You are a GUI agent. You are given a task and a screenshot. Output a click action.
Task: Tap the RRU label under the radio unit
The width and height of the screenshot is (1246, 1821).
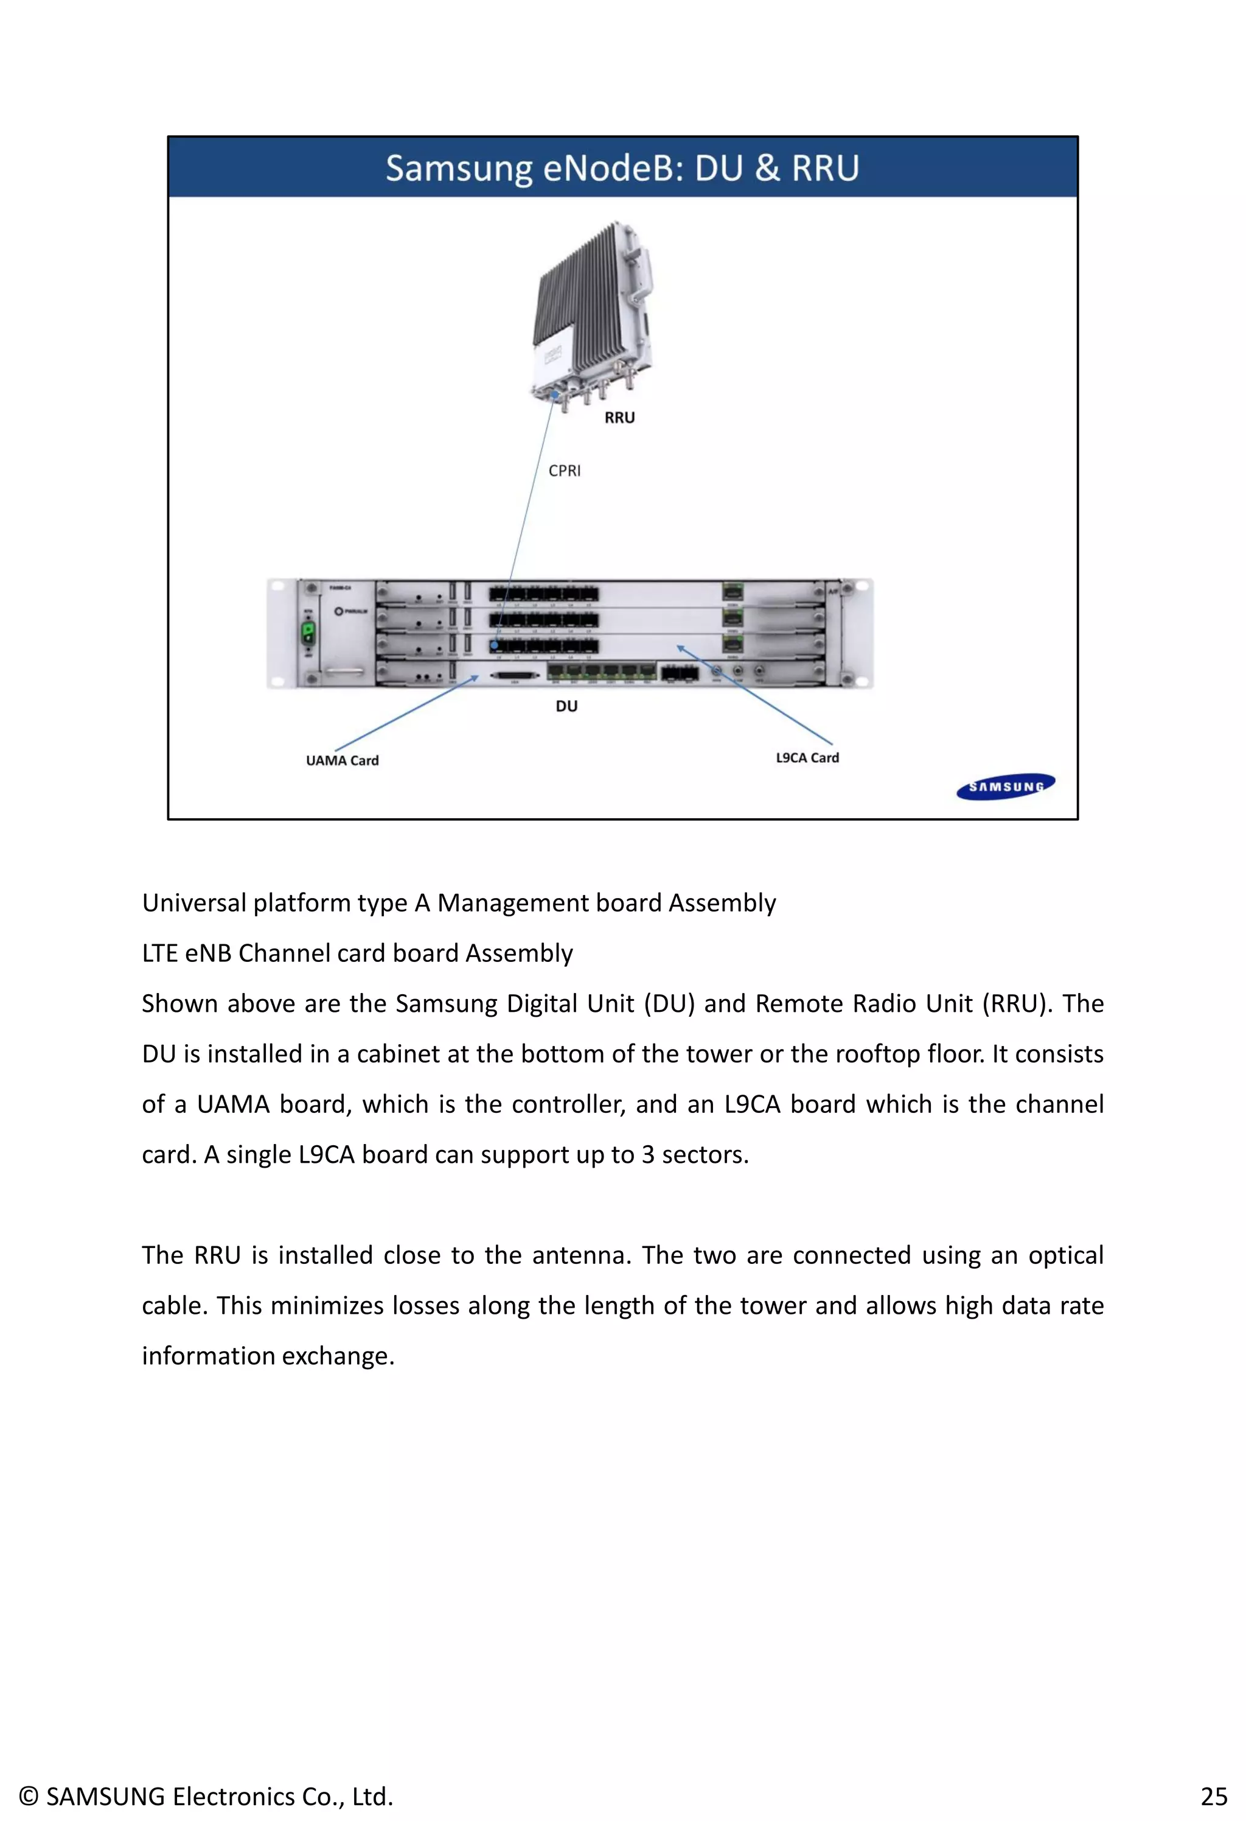[x=619, y=418]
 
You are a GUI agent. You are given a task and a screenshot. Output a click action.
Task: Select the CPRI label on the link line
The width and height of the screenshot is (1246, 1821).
[x=564, y=470]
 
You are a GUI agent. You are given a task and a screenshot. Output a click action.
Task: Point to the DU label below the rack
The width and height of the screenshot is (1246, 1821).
[x=566, y=706]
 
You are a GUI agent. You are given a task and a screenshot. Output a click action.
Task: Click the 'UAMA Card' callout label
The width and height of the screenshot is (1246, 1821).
[x=343, y=760]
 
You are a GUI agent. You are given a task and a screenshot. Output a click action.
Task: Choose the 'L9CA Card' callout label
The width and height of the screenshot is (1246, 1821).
[x=807, y=758]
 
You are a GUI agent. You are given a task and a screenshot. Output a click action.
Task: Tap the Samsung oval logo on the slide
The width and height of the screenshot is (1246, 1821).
[x=1006, y=787]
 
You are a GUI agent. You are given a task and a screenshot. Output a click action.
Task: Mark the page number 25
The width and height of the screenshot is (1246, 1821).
[x=1213, y=1795]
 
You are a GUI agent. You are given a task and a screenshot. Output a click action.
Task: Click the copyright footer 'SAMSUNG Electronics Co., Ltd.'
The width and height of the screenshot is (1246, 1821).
[x=205, y=1795]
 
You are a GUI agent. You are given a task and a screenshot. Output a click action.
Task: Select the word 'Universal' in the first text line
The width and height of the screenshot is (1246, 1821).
[x=193, y=903]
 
